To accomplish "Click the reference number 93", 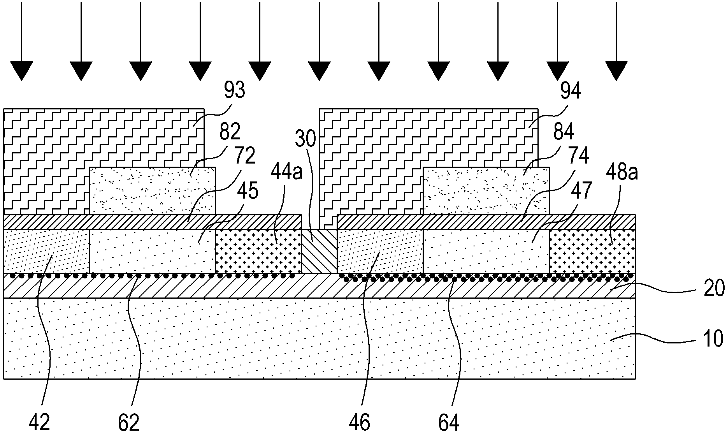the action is (234, 90).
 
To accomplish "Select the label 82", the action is (230, 132).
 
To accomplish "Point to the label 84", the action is (563, 132).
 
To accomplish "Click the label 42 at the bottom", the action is (40, 422).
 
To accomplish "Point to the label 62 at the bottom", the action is (129, 422).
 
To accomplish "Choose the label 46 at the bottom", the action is (360, 422).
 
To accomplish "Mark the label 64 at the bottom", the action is (449, 422).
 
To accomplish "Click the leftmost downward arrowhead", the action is (21, 71).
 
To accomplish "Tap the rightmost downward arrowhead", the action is (616, 71).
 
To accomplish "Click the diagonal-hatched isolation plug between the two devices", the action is (319, 252).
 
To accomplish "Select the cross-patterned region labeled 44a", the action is (258, 251).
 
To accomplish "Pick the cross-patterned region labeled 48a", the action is (592, 251).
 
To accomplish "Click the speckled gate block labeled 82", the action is (152, 191).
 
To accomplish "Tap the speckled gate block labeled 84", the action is (486, 191).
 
